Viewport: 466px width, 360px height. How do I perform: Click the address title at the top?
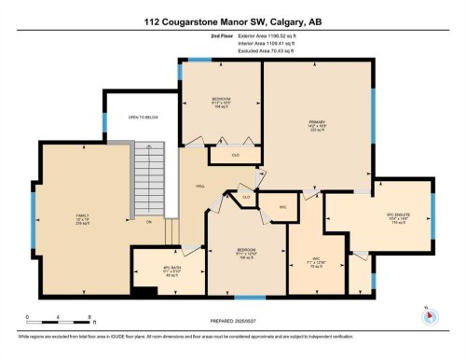232,21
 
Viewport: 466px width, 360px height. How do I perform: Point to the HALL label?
200,187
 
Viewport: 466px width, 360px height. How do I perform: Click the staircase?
149,182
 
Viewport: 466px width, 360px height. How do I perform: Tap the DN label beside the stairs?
147,222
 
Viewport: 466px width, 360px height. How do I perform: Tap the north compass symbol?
428,312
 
